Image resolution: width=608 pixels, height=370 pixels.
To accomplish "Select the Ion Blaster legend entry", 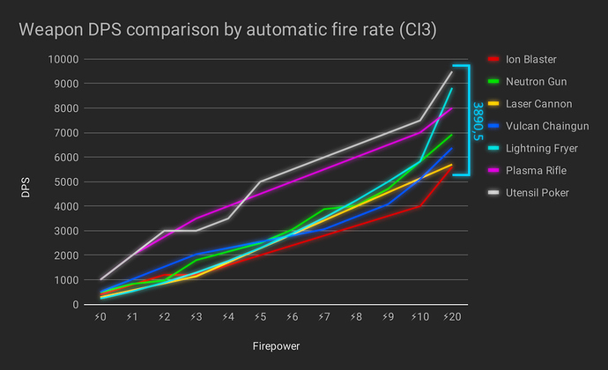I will point(530,60).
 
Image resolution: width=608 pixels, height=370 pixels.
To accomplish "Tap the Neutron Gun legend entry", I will point(534,82).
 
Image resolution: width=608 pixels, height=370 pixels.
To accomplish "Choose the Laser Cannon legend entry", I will point(536,104).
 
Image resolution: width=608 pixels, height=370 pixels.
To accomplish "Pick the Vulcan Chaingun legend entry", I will point(545,126).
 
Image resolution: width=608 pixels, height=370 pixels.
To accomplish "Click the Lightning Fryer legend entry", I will point(541,148).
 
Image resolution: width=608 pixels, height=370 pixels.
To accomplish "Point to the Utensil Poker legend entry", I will point(537,192).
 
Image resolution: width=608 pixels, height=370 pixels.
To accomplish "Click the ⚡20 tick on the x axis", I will point(450,316).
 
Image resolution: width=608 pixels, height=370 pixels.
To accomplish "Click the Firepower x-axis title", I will point(273,346).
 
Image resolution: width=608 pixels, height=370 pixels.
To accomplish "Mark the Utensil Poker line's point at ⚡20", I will point(452,71).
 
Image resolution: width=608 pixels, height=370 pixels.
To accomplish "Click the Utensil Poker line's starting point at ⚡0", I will point(101,279).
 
